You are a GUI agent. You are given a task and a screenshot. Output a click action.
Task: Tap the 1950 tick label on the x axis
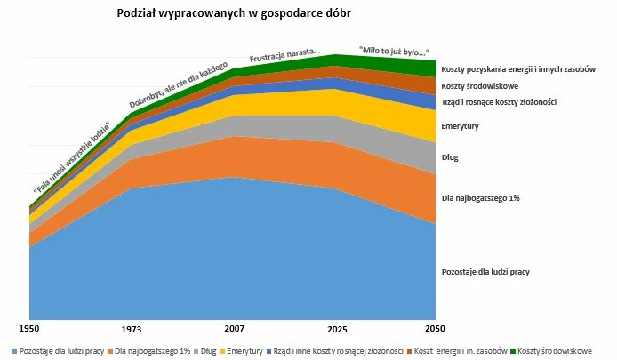(x=30, y=328)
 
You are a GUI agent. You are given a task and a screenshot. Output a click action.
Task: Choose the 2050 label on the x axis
(x=435, y=328)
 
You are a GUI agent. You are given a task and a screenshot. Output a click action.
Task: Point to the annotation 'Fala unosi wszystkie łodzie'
(x=71, y=157)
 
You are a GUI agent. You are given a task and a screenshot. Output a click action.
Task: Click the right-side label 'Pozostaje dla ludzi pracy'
(x=485, y=271)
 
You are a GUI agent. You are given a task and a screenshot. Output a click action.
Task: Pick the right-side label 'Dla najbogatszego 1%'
(x=480, y=197)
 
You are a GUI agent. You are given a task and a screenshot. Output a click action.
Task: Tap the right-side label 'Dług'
(x=450, y=157)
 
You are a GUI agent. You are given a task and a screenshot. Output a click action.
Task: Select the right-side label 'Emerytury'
(x=460, y=126)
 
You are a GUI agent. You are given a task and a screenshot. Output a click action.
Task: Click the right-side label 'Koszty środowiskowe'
(x=481, y=86)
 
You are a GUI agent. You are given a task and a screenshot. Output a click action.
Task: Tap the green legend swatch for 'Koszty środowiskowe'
(x=512, y=351)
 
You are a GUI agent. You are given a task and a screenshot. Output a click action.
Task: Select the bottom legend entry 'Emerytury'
(x=244, y=351)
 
